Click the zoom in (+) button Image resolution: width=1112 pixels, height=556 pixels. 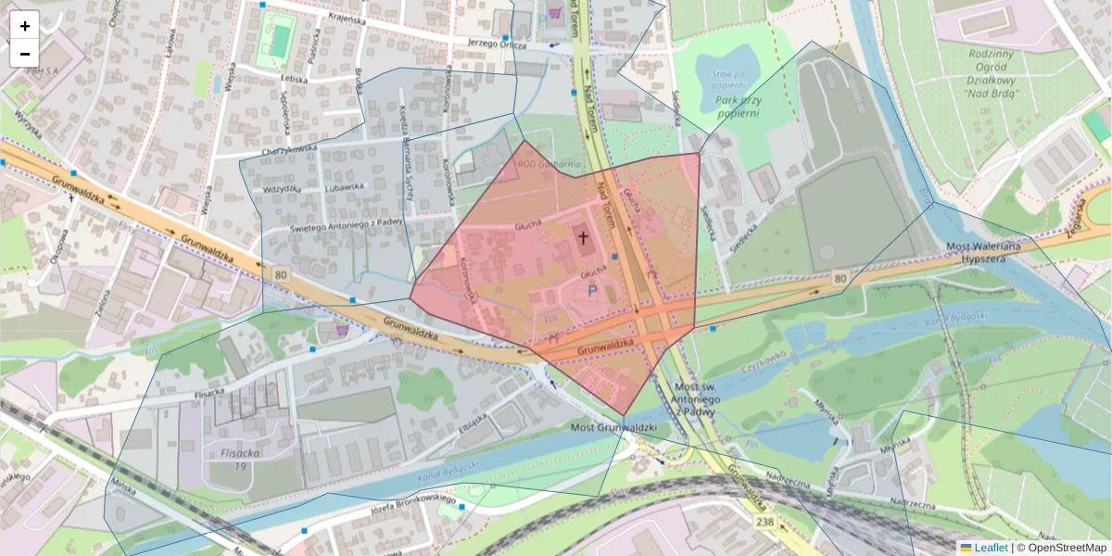(x=25, y=25)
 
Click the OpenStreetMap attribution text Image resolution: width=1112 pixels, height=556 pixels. (x=1066, y=548)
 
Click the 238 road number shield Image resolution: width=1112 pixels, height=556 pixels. (x=764, y=523)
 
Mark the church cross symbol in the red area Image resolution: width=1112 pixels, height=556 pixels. (x=584, y=237)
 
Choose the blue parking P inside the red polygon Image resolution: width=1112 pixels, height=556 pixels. (x=591, y=290)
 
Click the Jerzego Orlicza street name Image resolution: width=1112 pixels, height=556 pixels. (x=497, y=44)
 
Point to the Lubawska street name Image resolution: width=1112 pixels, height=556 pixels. (x=345, y=186)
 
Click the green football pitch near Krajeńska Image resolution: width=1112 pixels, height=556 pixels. (x=277, y=41)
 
